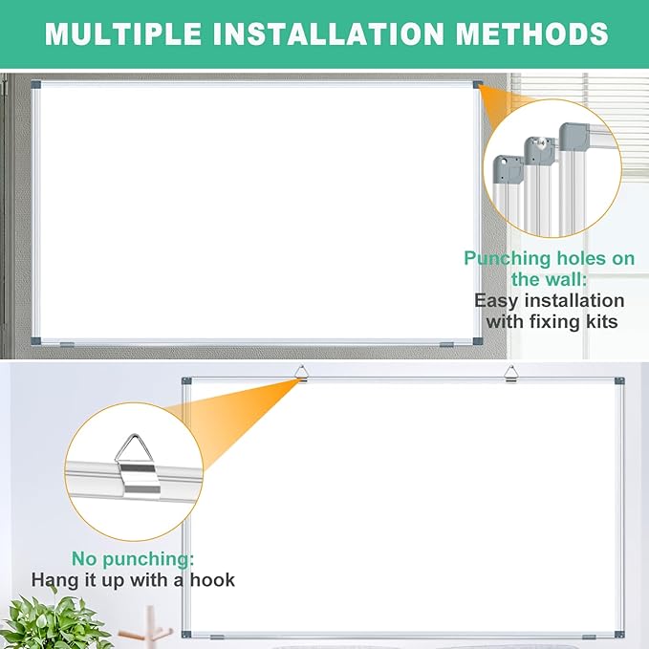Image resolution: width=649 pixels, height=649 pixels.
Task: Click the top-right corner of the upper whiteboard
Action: (477, 84)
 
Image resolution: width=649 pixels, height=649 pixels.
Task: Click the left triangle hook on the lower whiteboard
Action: (301, 373)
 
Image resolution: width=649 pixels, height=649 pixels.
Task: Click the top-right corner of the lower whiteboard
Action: (619, 381)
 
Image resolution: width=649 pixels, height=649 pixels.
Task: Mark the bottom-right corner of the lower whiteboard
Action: (619, 635)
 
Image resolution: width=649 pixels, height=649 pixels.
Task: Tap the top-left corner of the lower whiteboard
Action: (187, 381)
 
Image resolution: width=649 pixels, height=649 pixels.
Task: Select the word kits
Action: (596, 321)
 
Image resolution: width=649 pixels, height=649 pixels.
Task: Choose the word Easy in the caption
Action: (497, 300)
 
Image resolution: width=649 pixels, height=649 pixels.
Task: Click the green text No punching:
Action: (131, 558)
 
